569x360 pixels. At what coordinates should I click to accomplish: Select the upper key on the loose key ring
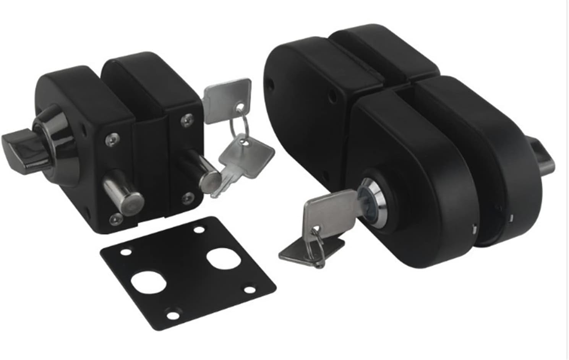point(227,99)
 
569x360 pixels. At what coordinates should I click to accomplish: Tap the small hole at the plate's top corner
point(199,230)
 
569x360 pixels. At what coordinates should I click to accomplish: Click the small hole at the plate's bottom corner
point(173,315)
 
